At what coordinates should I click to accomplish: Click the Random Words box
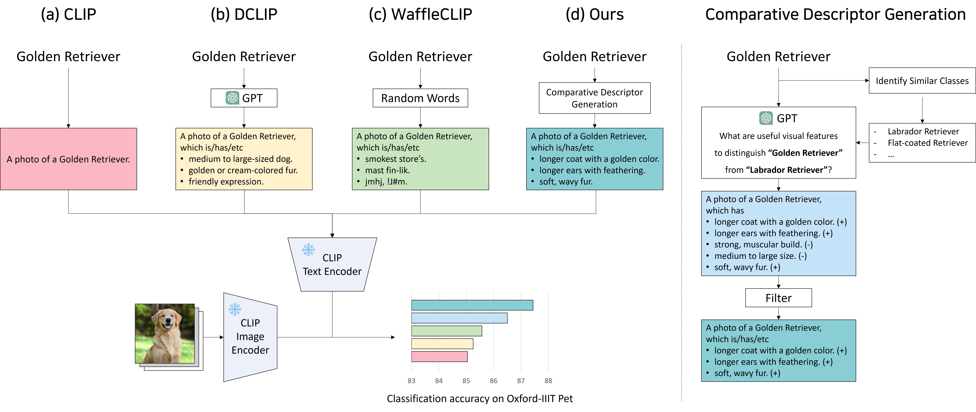pyautogui.click(x=420, y=98)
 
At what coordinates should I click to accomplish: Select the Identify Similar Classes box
pyautogui.click(x=922, y=81)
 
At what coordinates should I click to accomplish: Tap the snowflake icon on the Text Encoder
pyautogui.click(x=308, y=250)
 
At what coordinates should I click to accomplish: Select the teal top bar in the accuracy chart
pyautogui.click(x=472, y=305)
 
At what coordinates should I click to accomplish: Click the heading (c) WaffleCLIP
pyautogui.click(x=420, y=14)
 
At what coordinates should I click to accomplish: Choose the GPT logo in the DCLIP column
pyautogui.click(x=232, y=98)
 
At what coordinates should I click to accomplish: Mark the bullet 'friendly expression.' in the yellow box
pyautogui.click(x=226, y=182)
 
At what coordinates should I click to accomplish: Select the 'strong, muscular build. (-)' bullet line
pyautogui.click(x=763, y=245)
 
